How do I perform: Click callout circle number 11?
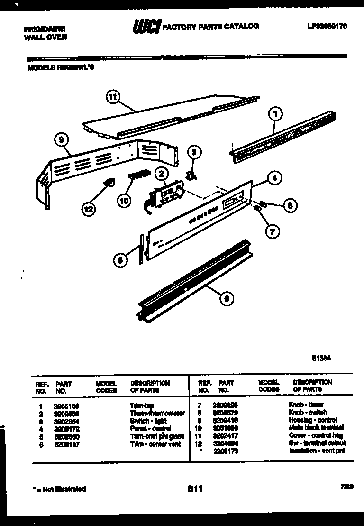[x=112, y=98]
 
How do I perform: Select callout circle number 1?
[x=274, y=114]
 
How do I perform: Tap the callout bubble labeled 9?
[x=62, y=140]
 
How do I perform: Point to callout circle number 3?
[x=193, y=152]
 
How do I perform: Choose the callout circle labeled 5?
[x=120, y=259]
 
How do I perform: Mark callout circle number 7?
[x=272, y=231]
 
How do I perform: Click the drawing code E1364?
[x=321, y=359]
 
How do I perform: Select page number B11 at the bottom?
[x=195, y=489]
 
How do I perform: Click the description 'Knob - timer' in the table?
[x=306, y=405]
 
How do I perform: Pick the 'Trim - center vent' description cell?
[x=155, y=444]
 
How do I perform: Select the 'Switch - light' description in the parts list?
[x=148, y=421]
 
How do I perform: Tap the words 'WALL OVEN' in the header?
[x=45, y=37]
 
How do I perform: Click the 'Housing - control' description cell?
[x=312, y=420]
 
